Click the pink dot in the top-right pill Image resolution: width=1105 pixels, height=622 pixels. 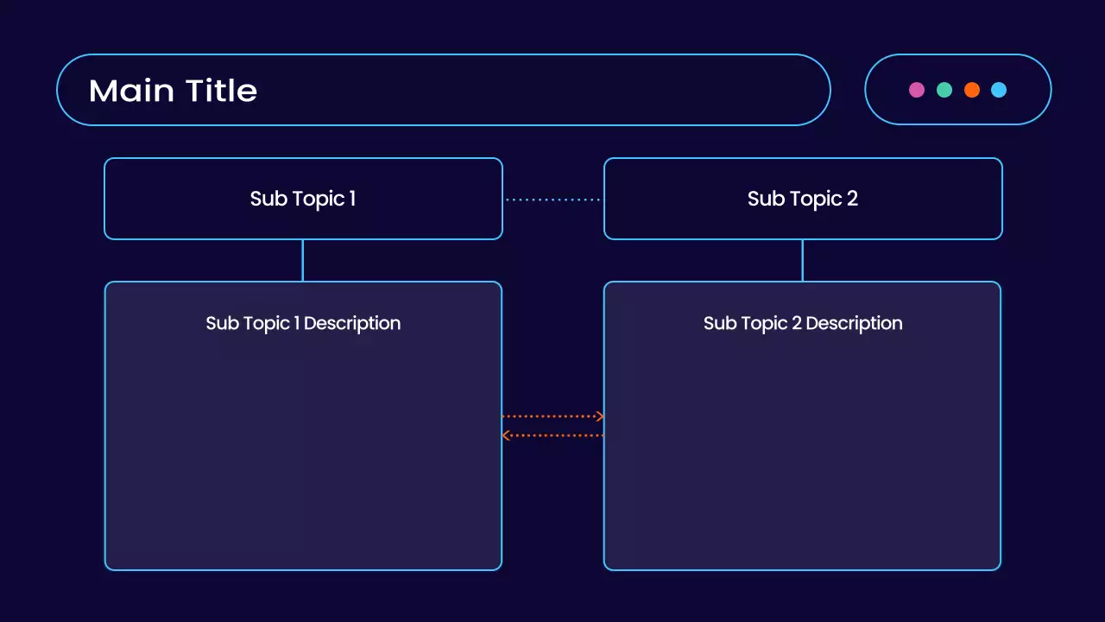917,90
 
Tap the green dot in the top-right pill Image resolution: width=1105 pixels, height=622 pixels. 944,90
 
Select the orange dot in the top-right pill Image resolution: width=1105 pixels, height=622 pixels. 972,90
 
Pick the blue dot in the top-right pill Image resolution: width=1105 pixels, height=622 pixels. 999,90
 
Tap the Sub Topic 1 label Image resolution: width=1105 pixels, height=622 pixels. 303,199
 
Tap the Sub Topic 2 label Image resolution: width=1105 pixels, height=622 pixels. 803,199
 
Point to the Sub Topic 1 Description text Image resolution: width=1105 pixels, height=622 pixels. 303,323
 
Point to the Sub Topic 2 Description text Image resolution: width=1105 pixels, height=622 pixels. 803,323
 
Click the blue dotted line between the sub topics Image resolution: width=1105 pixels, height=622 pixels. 552,200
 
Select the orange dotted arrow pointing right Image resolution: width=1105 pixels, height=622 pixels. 552,416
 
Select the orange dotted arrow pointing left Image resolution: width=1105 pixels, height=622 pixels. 552,435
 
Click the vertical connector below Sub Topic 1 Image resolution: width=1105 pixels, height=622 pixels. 303,260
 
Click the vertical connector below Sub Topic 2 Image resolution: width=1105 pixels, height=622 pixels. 803,260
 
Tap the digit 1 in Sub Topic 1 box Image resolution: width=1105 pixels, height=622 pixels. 352,199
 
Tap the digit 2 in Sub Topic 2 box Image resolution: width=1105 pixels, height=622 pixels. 852,199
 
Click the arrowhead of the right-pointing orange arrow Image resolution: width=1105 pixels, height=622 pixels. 600,416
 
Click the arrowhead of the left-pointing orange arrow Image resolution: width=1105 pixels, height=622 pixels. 506,435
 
